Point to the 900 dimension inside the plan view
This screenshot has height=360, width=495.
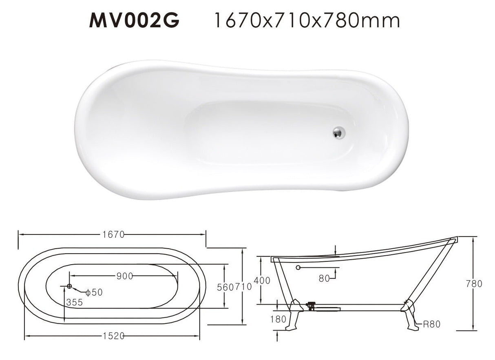(124, 276)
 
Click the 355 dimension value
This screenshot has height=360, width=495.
(75, 302)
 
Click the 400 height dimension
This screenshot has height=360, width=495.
(262, 280)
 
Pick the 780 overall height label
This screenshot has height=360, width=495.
(474, 284)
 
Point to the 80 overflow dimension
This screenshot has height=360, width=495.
(324, 278)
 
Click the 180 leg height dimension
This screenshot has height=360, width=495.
(278, 319)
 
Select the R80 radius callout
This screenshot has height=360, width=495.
(431, 325)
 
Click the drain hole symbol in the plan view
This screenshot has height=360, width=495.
(69, 286)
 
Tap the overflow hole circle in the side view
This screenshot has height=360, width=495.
(298, 267)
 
